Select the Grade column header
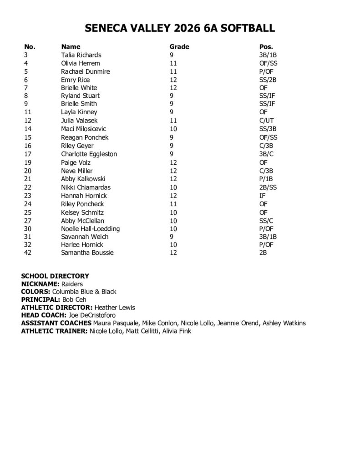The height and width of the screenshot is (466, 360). click(x=179, y=46)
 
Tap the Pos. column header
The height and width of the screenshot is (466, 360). click(x=266, y=46)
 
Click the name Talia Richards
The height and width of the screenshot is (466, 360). click(x=81, y=55)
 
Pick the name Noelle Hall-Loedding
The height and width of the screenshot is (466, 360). click(x=91, y=228)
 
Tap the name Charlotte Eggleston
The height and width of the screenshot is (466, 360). click(x=89, y=154)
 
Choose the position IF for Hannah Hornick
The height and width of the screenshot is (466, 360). click(x=262, y=195)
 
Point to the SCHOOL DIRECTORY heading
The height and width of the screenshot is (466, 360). click(x=55, y=276)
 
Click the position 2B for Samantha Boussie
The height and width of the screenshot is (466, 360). click(x=263, y=253)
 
